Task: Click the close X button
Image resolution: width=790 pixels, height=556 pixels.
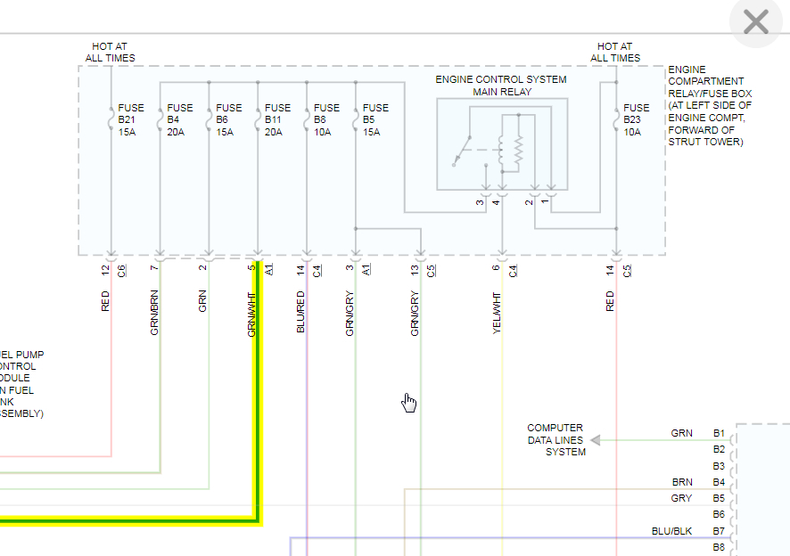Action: click(755, 22)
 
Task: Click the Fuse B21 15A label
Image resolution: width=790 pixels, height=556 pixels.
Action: click(130, 120)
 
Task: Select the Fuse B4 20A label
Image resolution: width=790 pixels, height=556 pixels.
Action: click(179, 120)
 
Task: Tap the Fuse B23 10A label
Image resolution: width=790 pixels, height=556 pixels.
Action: click(637, 120)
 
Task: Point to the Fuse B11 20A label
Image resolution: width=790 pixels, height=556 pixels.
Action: click(277, 120)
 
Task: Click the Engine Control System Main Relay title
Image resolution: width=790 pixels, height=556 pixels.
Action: click(501, 86)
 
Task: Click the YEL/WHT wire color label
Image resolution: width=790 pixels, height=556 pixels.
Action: click(498, 313)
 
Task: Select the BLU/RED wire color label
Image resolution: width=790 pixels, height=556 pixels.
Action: click(300, 313)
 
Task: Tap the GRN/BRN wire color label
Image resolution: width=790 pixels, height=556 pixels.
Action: click(155, 313)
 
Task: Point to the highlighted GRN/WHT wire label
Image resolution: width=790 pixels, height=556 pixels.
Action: click(252, 313)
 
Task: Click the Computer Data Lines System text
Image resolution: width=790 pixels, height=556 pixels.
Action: click(555, 440)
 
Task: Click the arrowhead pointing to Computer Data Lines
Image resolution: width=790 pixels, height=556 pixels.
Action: click(596, 439)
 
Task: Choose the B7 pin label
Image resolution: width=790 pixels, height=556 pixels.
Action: click(719, 531)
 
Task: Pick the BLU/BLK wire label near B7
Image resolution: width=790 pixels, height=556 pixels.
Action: click(671, 531)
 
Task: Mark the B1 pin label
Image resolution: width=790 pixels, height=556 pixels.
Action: click(719, 433)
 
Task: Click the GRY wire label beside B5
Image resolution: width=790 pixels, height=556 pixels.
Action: click(681, 498)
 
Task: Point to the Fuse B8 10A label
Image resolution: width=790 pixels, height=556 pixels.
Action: click(326, 120)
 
